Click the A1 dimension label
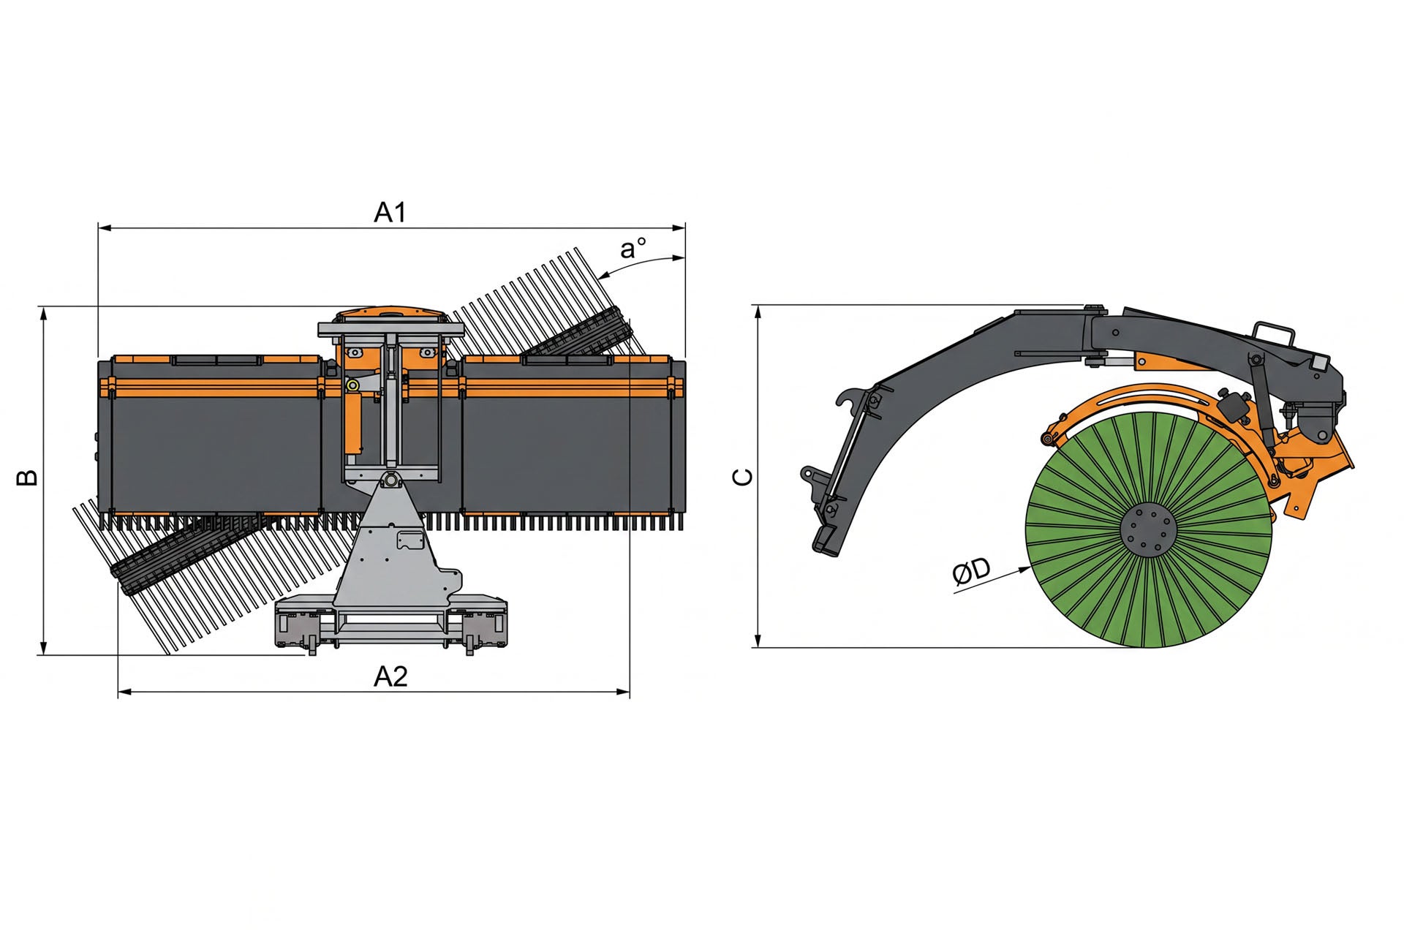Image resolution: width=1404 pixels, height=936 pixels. [390, 212]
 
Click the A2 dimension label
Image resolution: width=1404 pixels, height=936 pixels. [390, 676]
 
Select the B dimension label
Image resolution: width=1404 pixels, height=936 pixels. [28, 478]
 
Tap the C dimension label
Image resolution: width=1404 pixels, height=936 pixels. [743, 478]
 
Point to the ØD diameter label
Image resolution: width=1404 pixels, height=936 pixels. [972, 572]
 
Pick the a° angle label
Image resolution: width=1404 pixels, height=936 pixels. [633, 249]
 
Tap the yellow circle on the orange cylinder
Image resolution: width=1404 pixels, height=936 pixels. [352, 385]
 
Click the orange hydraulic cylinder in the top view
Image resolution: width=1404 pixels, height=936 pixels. [354, 424]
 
